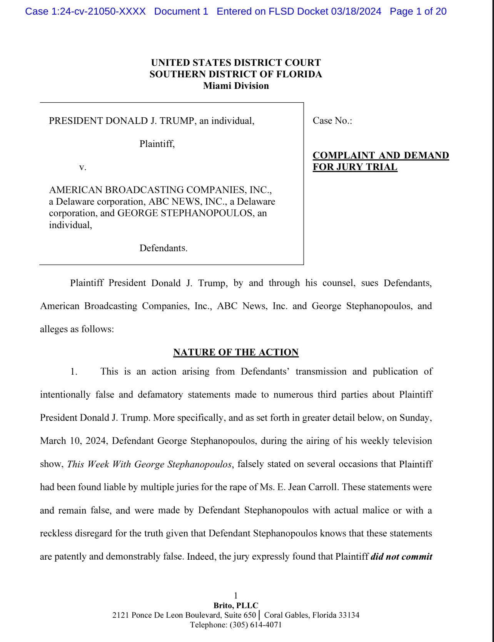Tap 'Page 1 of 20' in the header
[x=418, y=12]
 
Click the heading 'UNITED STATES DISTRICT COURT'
[x=236, y=62]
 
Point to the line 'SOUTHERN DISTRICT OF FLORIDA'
[x=236, y=74]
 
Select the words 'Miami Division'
[x=236, y=85]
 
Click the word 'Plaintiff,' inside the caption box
[x=157, y=144]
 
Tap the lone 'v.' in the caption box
[x=83, y=167]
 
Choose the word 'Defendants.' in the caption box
[x=164, y=248]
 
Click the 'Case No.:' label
[x=332, y=121]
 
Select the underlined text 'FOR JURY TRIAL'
[x=355, y=167]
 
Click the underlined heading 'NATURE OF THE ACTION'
[x=236, y=352]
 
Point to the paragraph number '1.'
[x=74, y=372]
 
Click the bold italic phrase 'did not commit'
[x=401, y=557]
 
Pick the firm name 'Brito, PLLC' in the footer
[x=236, y=605]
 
